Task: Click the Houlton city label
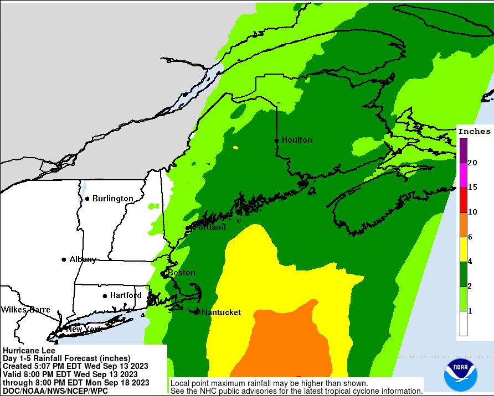[297, 140]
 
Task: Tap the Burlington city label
[112, 198]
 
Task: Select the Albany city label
[83, 259]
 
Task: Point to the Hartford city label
[126, 295]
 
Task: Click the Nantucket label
[221, 312]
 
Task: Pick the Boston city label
[182, 273]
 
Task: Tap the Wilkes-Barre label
[25, 309]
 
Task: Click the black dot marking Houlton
[276, 140]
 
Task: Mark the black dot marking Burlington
[87, 199]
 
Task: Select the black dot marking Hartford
[105, 296]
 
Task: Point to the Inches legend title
[474, 131]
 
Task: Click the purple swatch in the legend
[462, 150]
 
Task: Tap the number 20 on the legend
[472, 163]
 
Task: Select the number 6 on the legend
[470, 237]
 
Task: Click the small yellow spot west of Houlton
[236, 148]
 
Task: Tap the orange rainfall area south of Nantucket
[288, 343]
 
